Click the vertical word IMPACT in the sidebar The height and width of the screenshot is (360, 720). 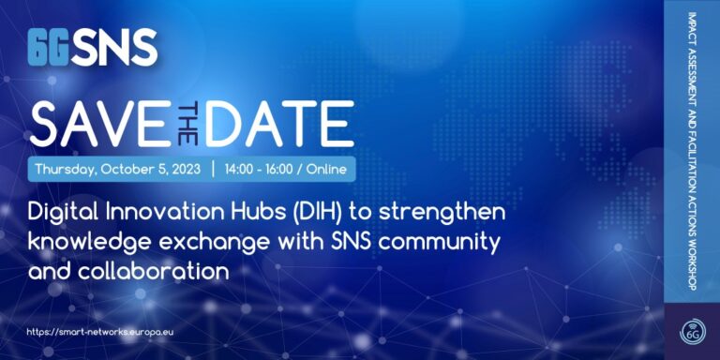tap(690, 25)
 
